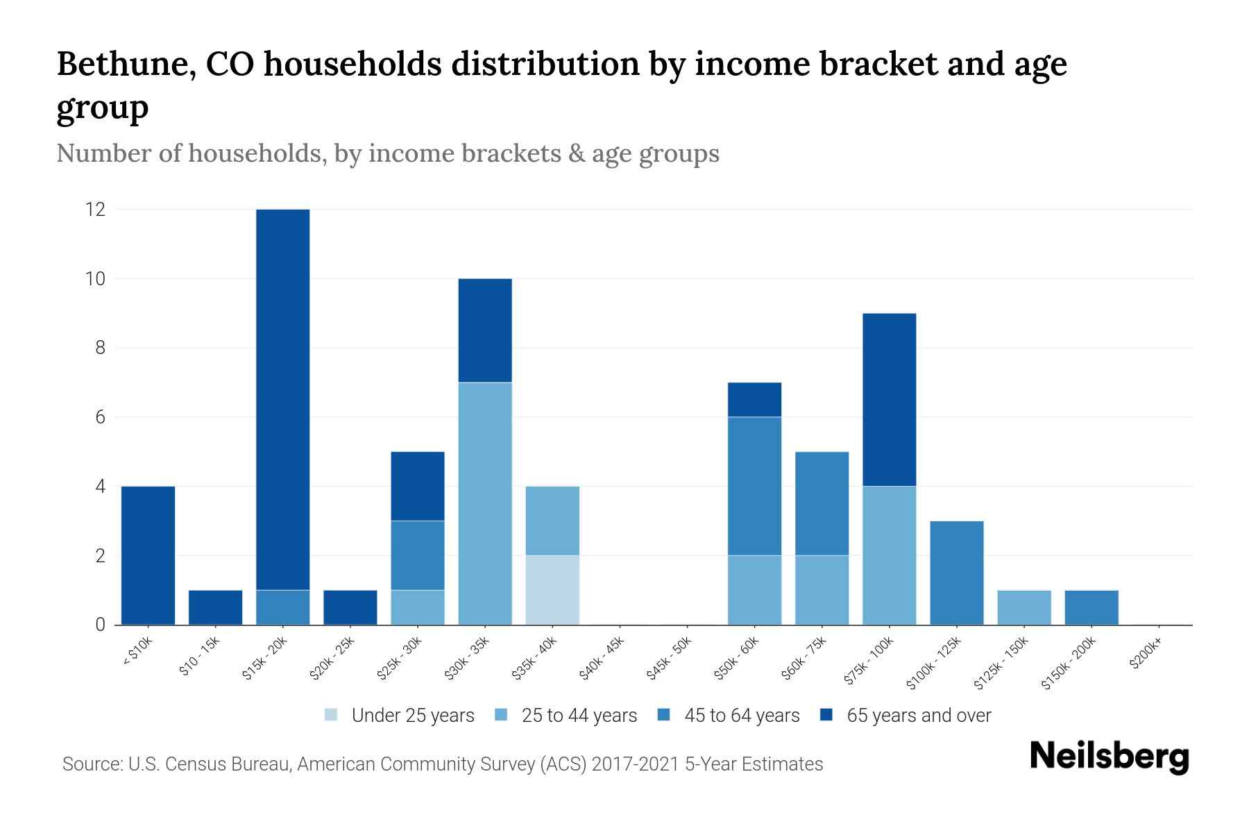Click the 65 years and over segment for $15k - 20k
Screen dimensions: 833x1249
pyautogui.click(x=283, y=399)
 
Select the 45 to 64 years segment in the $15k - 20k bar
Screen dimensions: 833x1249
pyautogui.click(x=283, y=607)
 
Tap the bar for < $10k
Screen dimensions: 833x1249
pyautogui.click(x=148, y=555)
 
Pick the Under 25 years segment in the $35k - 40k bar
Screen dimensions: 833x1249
pyautogui.click(x=552, y=590)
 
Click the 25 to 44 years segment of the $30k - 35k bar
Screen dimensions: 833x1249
pyautogui.click(x=485, y=503)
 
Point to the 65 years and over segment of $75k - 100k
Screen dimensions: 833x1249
pyautogui.click(x=889, y=400)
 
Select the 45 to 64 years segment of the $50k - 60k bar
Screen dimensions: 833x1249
pyautogui.click(x=754, y=486)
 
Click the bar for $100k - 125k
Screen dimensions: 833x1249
pyautogui.click(x=956, y=573)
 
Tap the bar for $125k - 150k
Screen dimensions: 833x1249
pyautogui.click(x=1023, y=607)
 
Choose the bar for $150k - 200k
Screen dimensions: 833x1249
pyautogui.click(x=1091, y=607)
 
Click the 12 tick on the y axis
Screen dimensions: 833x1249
pyautogui.click(x=95, y=209)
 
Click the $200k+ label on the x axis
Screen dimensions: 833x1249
pyautogui.click(x=1146, y=655)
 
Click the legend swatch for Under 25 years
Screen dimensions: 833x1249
pyautogui.click(x=332, y=715)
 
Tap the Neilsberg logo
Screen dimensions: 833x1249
pyautogui.click(x=1109, y=757)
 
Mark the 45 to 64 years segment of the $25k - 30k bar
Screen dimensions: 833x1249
pyautogui.click(x=418, y=555)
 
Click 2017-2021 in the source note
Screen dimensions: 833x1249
pyautogui.click(x=636, y=764)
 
